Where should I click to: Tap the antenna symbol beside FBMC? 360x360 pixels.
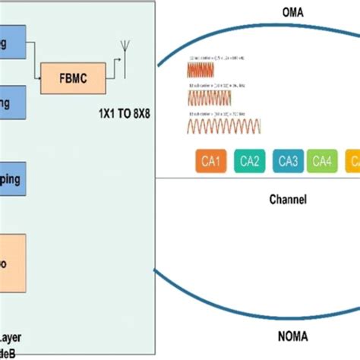tap(122, 54)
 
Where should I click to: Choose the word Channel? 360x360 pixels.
tap(289, 201)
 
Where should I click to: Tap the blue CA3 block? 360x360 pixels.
tap(288, 161)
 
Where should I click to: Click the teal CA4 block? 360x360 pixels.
tap(323, 161)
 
